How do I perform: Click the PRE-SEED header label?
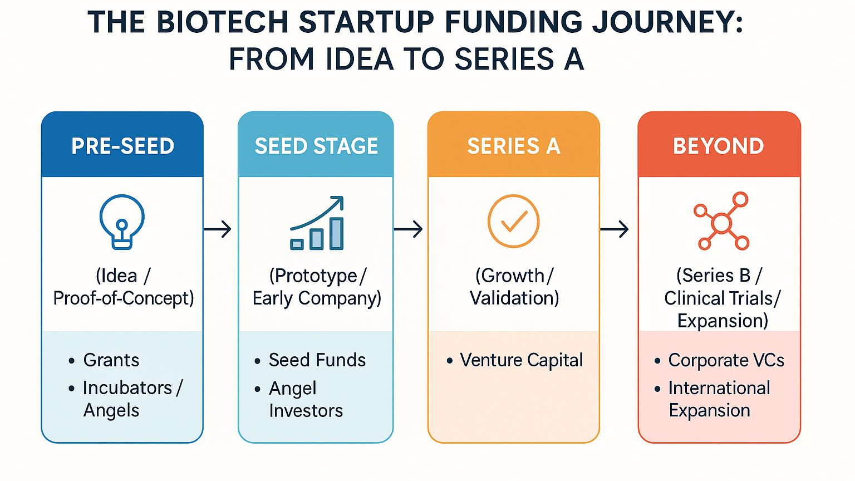point(122,146)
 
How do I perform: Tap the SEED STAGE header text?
point(316,146)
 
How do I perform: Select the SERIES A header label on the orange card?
point(514,146)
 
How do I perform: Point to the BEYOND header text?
point(719,146)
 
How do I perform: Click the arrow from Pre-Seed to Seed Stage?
point(217,229)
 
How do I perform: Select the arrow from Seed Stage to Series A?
point(408,229)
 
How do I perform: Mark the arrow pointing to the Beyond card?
point(614,229)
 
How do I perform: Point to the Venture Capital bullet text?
point(522,360)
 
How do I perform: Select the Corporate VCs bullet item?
point(726,360)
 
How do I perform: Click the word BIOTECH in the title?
point(222,22)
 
